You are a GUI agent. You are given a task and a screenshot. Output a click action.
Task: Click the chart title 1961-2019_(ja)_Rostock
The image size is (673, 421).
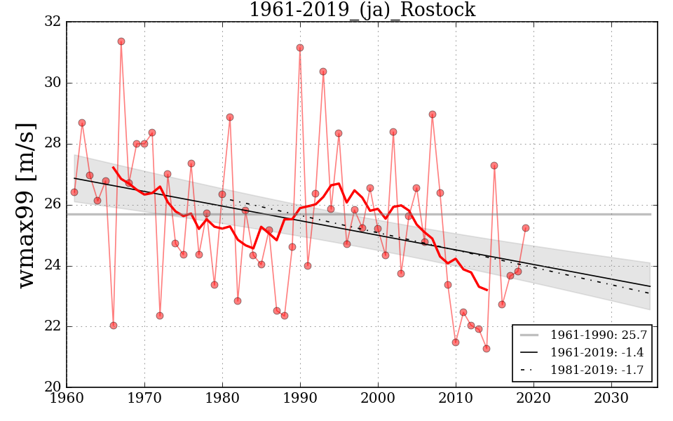coord(362,11)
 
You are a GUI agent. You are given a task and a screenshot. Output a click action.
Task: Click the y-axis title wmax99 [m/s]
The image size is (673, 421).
coord(26,204)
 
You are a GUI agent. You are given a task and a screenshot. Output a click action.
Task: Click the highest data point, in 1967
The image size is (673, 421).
coord(121,41)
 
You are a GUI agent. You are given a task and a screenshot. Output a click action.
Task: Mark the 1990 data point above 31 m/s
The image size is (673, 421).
coord(300,48)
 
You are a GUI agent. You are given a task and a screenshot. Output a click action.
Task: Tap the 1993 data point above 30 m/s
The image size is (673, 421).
coord(323,72)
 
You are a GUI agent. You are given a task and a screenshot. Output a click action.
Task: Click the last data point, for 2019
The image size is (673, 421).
coord(526,228)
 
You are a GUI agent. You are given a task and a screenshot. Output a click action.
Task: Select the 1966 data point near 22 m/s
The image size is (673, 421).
coord(114,326)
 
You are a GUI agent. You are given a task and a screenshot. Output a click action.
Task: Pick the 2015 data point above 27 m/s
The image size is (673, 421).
coord(494,166)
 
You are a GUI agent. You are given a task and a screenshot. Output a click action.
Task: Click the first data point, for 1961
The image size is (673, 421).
coord(74,192)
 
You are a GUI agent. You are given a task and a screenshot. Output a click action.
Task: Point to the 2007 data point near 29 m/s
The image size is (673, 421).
coord(433,114)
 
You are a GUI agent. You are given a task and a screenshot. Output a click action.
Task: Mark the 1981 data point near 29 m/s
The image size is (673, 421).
coord(230,117)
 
